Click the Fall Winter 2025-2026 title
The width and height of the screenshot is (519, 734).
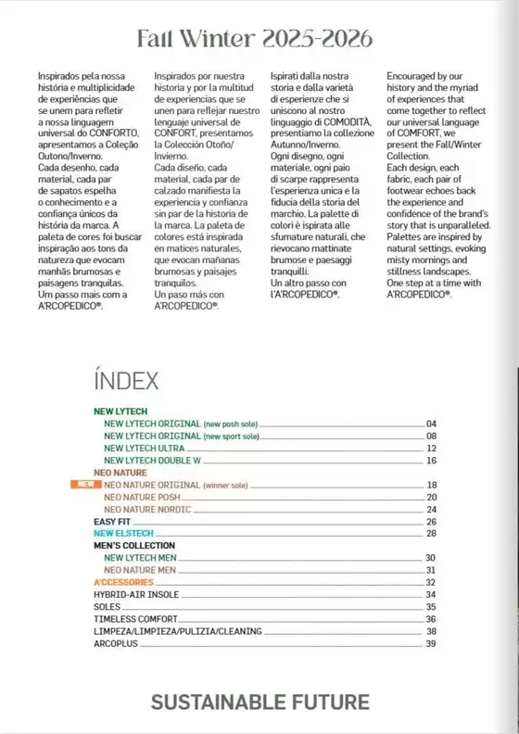pyautogui.click(x=255, y=39)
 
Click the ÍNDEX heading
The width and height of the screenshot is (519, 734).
pyautogui.click(x=126, y=380)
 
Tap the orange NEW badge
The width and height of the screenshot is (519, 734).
pyautogui.click(x=83, y=484)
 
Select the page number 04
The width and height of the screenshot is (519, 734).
pyautogui.click(x=431, y=424)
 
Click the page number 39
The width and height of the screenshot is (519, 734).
pyautogui.click(x=431, y=643)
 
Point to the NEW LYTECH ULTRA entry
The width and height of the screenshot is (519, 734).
pyautogui.click(x=143, y=448)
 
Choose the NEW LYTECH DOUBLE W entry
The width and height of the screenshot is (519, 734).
pyautogui.click(x=152, y=460)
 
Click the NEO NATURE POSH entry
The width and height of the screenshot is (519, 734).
pyautogui.click(x=142, y=497)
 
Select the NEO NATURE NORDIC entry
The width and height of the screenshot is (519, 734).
pyautogui.click(x=147, y=509)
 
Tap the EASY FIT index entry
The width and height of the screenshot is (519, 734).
pyautogui.click(x=113, y=521)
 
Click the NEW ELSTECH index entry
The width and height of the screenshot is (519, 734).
pyautogui.click(x=122, y=533)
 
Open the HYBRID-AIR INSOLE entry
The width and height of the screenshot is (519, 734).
pyautogui.click(x=136, y=594)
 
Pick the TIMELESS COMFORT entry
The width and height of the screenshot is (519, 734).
pyautogui.click(x=135, y=618)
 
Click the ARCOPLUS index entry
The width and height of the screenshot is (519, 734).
pyautogui.click(x=116, y=643)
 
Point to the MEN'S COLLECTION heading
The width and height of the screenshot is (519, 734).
pyautogui.click(x=134, y=546)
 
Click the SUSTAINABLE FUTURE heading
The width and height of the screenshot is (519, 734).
pyautogui.click(x=259, y=702)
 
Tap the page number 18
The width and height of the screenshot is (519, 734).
pyautogui.click(x=431, y=485)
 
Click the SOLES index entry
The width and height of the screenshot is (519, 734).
pyautogui.click(x=108, y=606)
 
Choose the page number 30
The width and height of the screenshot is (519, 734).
pyautogui.click(x=431, y=558)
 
